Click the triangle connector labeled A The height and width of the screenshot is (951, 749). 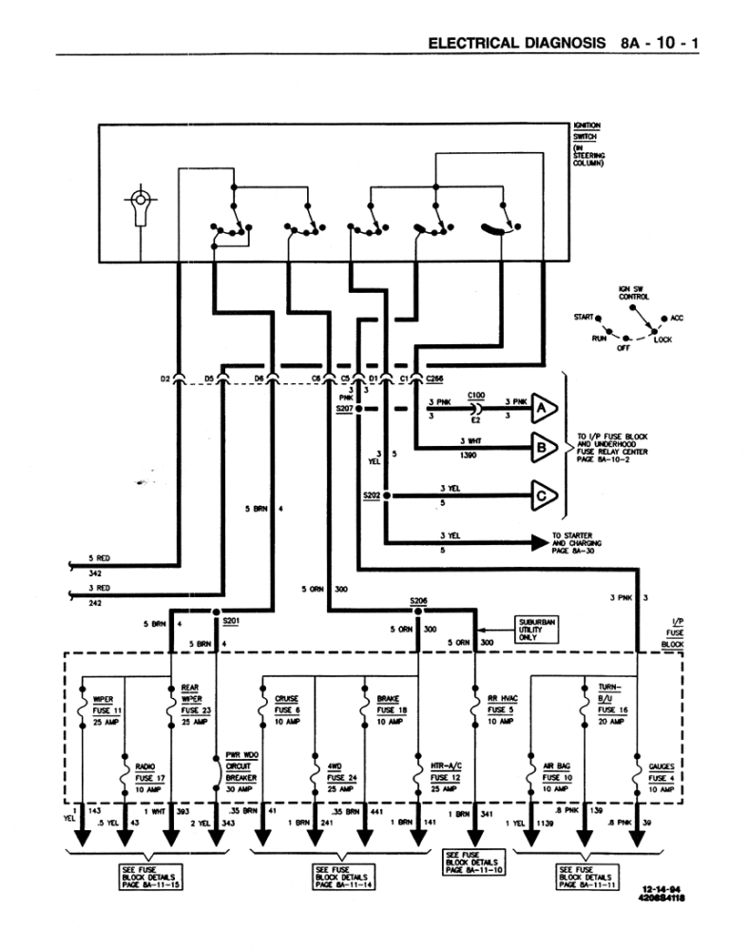543,406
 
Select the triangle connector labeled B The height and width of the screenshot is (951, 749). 543,444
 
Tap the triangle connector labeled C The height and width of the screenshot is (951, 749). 543,495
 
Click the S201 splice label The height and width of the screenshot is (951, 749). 231,621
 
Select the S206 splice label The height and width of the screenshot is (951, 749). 419,601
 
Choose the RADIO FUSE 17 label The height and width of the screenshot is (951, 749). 148,776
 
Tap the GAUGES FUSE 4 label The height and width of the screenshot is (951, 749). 662,776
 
